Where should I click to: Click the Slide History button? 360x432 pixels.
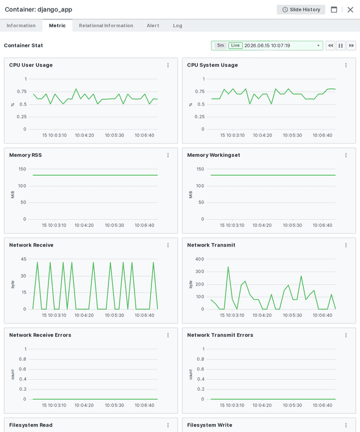(x=301, y=10)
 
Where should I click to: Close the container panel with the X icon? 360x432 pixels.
(x=350, y=10)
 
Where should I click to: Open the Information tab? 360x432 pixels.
(x=21, y=25)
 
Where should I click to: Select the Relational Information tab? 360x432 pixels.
(x=106, y=25)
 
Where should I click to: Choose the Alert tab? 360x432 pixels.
(x=153, y=25)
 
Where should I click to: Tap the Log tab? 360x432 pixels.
(x=178, y=25)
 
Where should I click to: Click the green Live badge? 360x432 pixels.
(x=235, y=45)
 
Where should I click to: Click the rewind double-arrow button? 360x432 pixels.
(x=330, y=45)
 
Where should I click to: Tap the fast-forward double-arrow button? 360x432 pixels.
(x=351, y=45)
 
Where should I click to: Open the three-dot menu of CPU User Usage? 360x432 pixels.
(x=168, y=65)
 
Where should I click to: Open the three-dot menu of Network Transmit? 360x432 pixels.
(x=346, y=245)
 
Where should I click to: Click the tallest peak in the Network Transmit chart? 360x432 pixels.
(x=228, y=267)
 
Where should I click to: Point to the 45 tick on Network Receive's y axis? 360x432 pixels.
(x=24, y=259)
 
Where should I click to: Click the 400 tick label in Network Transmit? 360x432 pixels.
(x=199, y=259)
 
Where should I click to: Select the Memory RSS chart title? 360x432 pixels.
(x=25, y=155)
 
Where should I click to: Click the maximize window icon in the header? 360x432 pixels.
(x=334, y=10)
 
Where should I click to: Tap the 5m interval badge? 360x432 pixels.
(x=221, y=45)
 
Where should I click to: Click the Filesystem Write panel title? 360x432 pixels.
(x=210, y=425)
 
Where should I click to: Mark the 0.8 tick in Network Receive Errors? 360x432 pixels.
(x=22, y=359)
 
